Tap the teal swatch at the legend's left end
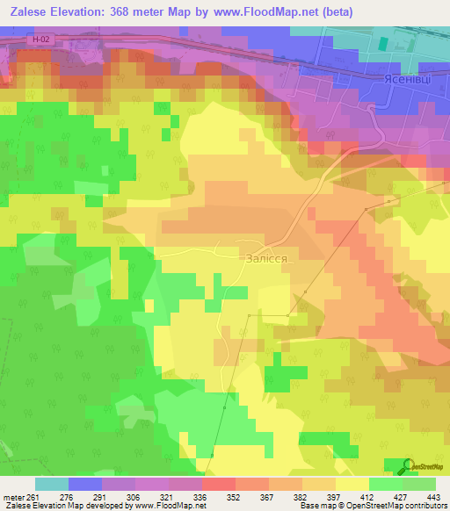click(x=51, y=484)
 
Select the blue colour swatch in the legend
click(x=84, y=484)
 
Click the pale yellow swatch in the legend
click(x=352, y=484)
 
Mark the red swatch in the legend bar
click(x=218, y=484)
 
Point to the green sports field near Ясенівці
click(x=384, y=39)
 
